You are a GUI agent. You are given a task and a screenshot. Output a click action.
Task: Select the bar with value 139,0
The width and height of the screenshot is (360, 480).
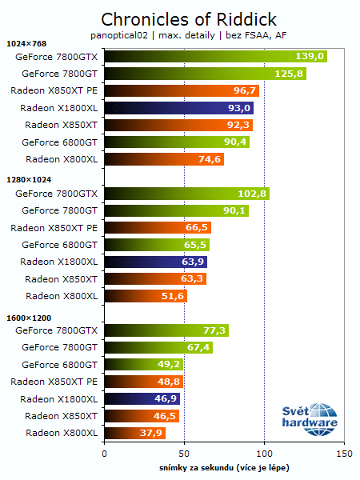(215, 57)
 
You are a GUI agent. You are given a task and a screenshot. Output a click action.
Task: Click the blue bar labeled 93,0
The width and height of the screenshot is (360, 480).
(179, 108)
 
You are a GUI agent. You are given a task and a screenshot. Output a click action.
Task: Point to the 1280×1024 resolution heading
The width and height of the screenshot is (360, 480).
(28, 180)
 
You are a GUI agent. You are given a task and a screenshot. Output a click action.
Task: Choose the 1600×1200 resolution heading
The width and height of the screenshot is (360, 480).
(28, 317)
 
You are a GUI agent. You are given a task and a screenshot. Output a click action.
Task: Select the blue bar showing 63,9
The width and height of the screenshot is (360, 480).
(155, 262)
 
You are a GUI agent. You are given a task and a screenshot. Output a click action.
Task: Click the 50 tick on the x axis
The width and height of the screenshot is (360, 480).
(184, 453)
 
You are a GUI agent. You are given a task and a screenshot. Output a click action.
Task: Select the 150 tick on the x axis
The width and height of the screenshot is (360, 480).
(344, 453)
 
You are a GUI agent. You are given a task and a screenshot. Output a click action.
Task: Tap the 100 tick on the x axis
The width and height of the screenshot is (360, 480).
(264, 453)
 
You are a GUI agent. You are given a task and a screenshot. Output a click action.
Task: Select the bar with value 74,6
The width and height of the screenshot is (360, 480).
(163, 159)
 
